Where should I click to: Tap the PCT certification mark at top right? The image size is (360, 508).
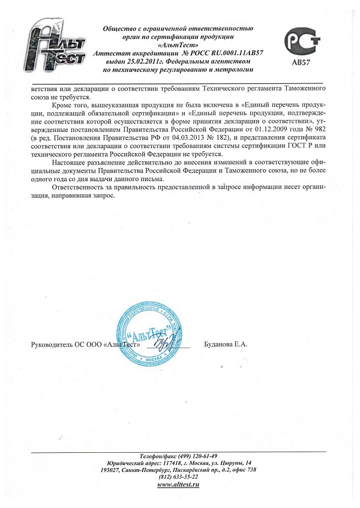pyautogui.click(x=302, y=41)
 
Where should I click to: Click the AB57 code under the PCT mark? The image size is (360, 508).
pyautogui.click(x=302, y=61)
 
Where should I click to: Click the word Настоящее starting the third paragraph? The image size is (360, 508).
pyautogui.click(x=70, y=163)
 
